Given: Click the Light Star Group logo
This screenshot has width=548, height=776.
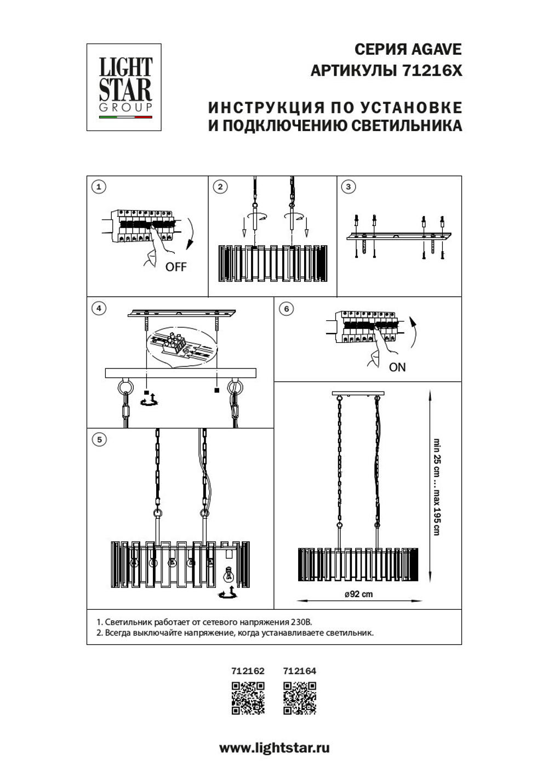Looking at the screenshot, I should tap(124, 87).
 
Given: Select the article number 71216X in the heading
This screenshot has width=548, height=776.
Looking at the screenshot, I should tap(432, 71).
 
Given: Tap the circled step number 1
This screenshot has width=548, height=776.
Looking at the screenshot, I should tap(99, 187).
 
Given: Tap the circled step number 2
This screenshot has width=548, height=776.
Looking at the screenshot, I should tap(220, 187).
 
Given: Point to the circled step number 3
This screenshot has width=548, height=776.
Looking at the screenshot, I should tap(348, 187).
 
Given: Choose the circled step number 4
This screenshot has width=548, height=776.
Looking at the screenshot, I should tap(99, 309).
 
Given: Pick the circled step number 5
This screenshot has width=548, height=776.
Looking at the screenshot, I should tap(99, 439).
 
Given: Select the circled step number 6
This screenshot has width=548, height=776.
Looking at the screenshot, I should tap(286, 309).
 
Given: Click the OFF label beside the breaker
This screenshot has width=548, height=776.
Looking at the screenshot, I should tap(176, 267).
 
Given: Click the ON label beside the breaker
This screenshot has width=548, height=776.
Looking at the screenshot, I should tap(397, 367).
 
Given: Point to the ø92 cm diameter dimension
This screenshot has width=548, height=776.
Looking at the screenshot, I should tap(358, 594).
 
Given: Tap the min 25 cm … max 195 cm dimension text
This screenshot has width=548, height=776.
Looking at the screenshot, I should tap(437, 487).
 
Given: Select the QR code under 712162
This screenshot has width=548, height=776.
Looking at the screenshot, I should tap(248, 698).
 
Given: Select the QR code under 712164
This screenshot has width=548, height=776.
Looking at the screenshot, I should tap(300, 698).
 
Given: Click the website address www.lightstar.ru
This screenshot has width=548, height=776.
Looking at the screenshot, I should tap(274, 747).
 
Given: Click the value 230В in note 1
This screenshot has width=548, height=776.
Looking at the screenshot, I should tap(300, 622).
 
